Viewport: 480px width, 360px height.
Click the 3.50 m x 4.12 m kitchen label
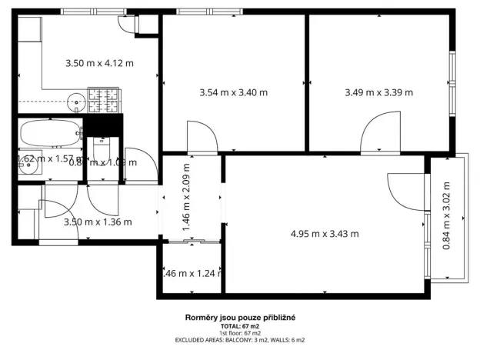98,63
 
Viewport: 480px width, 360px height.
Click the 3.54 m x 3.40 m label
233,93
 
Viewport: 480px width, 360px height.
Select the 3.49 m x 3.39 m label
378,93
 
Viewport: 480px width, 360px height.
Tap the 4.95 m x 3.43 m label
324,233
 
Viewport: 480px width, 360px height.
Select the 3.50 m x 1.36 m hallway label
97,222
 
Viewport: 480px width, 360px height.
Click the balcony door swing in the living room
405,191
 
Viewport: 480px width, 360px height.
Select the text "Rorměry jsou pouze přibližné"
240,317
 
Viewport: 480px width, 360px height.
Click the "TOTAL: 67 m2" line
240,325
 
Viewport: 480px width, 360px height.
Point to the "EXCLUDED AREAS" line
240,339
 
